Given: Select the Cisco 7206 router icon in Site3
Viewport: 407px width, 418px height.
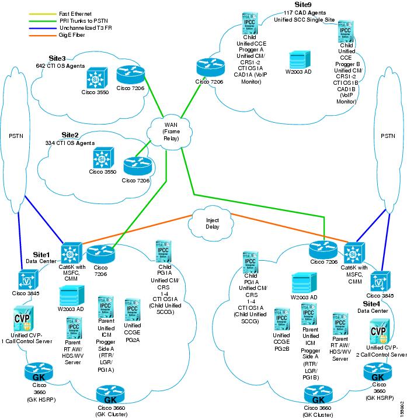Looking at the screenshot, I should tap(127, 75).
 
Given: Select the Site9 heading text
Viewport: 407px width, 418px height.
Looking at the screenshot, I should tap(304, 4).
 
